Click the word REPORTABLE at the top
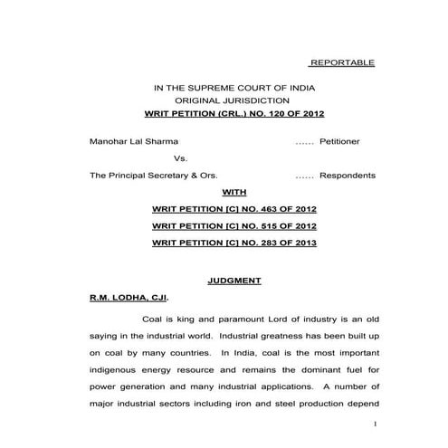(341, 62)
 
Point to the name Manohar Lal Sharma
(134, 142)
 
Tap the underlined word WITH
(234, 192)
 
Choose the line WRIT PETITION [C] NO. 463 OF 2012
(234, 209)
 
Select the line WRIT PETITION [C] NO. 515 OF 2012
(234, 226)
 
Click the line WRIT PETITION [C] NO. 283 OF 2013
(234, 243)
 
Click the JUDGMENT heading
(234, 281)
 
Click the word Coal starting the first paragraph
(153, 318)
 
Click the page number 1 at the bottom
(372, 424)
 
